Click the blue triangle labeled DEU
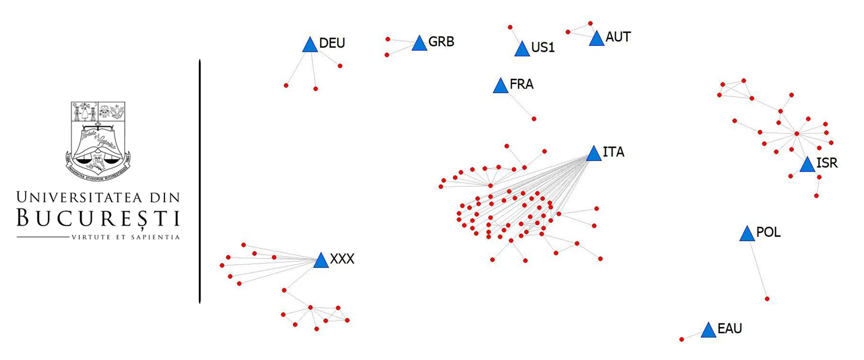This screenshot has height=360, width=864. (310, 45)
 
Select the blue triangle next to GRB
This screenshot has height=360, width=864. (419, 44)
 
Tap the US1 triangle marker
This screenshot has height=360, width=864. (522, 49)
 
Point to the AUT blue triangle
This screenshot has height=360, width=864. (596, 39)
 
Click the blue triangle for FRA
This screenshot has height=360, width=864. (500, 86)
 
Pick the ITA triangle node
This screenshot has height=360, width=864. (594, 154)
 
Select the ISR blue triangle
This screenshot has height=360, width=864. (807, 165)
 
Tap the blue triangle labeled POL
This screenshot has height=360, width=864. (747, 234)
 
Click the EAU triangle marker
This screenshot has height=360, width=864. (708, 330)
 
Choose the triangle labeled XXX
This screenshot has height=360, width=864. (321, 261)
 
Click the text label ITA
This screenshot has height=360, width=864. (613, 152)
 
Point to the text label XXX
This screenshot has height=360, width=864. (342, 259)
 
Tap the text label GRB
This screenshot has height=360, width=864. (441, 42)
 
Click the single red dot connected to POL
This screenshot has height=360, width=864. (767, 299)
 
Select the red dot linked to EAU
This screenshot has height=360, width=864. (681, 339)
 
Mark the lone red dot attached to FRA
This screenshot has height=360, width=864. (534, 119)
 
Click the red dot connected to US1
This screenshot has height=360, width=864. (510, 27)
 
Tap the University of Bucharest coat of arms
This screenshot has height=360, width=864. (98, 141)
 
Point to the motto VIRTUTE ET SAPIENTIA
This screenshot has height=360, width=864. (126, 237)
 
